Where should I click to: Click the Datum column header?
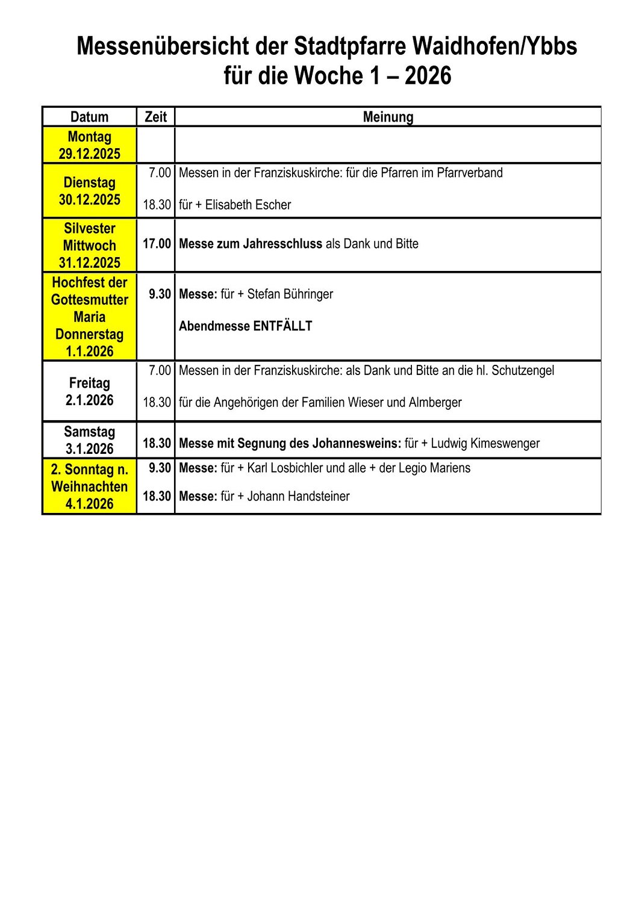[x=89, y=117]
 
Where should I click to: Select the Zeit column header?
[x=155, y=117]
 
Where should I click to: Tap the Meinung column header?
[x=388, y=117]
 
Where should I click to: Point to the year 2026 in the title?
[x=428, y=76]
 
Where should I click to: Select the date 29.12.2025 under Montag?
[x=89, y=154]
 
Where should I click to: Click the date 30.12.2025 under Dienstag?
[x=89, y=199]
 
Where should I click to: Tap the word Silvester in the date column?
[x=89, y=228]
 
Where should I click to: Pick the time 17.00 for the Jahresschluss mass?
[x=157, y=244]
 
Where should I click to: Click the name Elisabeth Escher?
[x=248, y=205]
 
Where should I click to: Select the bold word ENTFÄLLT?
[x=282, y=326]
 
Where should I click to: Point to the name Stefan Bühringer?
[x=290, y=294]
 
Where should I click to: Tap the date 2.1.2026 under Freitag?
[x=89, y=400]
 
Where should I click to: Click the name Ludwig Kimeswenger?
[x=485, y=444]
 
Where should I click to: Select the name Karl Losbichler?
[x=285, y=468]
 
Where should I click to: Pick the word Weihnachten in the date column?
[x=89, y=486]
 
